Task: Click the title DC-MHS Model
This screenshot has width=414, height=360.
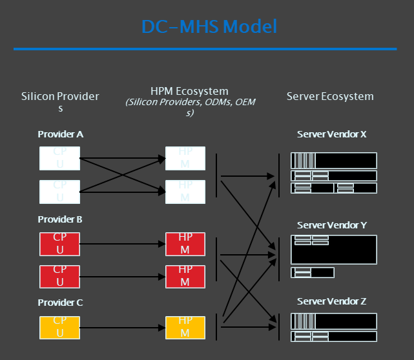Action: pyautogui.click(x=209, y=26)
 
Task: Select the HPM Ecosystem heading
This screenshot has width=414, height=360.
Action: pyautogui.click(x=189, y=92)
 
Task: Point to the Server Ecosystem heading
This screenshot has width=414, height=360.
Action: pyautogui.click(x=330, y=96)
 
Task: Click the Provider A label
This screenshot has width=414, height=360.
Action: pyautogui.click(x=60, y=134)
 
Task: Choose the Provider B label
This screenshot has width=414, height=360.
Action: pyautogui.click(x=60, y=219)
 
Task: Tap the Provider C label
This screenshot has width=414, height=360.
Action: pyautogui.click(x=60, y=302)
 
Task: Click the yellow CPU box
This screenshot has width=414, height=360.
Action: pyautogui.click(x=59, y=326)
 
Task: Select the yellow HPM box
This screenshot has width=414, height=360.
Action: pyautogui.click(x=185, y=326)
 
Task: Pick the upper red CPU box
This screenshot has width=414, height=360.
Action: pyautogui.click(x=59, y=244)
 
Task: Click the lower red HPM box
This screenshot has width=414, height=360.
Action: pyautogui.click(x=185, y=275)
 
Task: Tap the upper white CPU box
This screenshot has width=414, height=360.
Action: pyautogui.click(x=59, y=158)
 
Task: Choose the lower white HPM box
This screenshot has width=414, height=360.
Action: pyautogui.click(x=185, y=190)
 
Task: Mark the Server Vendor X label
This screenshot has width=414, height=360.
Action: pyautogui.click(x=332, y=134)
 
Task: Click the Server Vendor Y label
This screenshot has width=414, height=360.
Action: pyautogui.click(x=332, y=225)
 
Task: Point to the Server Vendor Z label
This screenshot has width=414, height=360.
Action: pyautogui.click(x=332, y=302)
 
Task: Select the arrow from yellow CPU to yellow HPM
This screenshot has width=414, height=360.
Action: pyautogui.click(x=123, y=327)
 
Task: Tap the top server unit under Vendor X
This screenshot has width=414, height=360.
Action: pyautogui.click(x=334, y=160)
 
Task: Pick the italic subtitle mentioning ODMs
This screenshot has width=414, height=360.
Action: pyautogui.click(x=189, y=107)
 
